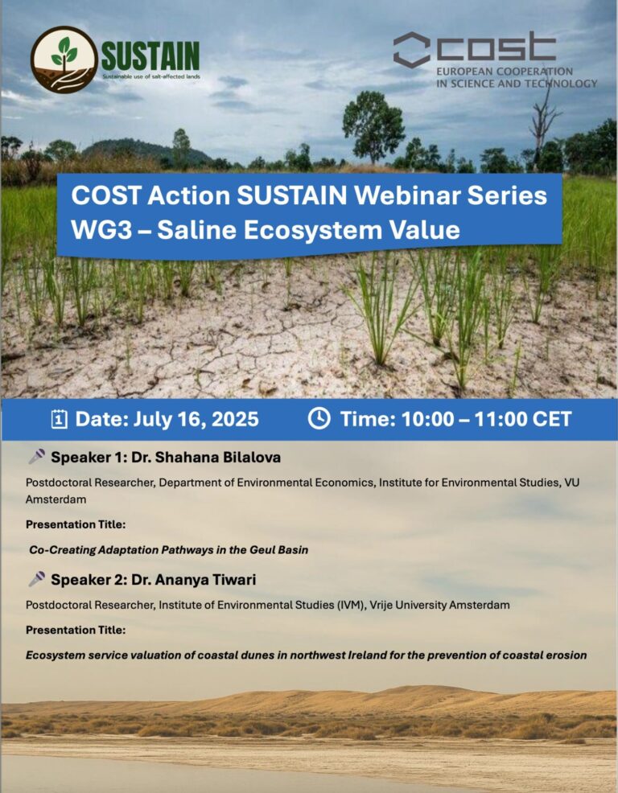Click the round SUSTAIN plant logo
click(64, 60)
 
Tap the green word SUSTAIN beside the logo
click(150, 56)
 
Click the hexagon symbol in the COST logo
click(411, 50)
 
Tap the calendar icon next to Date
click(59, 419)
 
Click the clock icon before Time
click(319, 419)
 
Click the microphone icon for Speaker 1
click(36, 458)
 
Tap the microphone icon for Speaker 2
click(36, 579)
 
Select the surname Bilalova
click(246, 458)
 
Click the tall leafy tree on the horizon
click(373, 125)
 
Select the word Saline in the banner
click(196, 230)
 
